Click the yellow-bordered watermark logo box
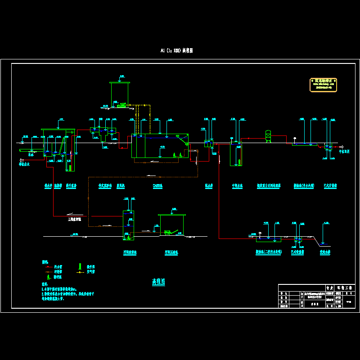click(323, 85)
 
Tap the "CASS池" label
click(157, 185)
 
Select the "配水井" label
click(208, 185)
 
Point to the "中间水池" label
click(237, 185)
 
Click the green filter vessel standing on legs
click(268, 136)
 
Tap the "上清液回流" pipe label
click(74, 219)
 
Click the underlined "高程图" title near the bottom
click(158, 282)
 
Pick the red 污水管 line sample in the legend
click(47, 266)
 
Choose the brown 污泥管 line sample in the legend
click(47, 271)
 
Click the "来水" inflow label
click(31, 154)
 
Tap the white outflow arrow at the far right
click(342, 147)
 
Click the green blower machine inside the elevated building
click(121, 105)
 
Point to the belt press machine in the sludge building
click(168, 232)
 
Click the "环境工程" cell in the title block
click(345, 287)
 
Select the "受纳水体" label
click(325, 252)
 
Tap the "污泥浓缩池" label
click(130, 252)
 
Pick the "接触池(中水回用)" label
click(302, 185)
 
